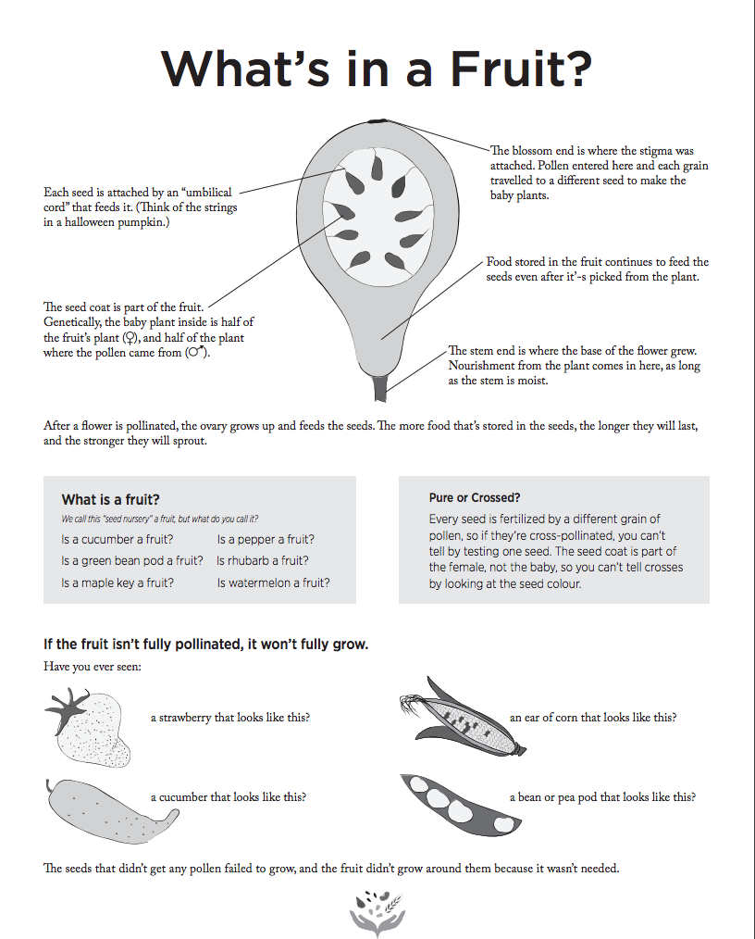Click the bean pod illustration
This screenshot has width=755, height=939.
click(x=453, y=800)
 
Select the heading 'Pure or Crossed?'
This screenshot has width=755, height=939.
click(x=475, y=497)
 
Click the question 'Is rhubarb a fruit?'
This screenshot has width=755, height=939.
click(x=263, y=560)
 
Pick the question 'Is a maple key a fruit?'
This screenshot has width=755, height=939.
click(x=118, y=582)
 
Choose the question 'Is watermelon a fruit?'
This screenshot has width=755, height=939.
click(x=273, y=582)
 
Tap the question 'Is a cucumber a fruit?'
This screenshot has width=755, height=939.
click(x=118, y=539)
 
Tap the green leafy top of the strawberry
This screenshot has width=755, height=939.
click(x=67, y=707)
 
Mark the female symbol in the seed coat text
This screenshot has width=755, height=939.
click(x=128, y=338)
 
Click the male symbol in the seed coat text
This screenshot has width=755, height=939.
click(x=195, y=353)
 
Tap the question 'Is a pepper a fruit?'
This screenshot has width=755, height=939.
click(x=266, y=539)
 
